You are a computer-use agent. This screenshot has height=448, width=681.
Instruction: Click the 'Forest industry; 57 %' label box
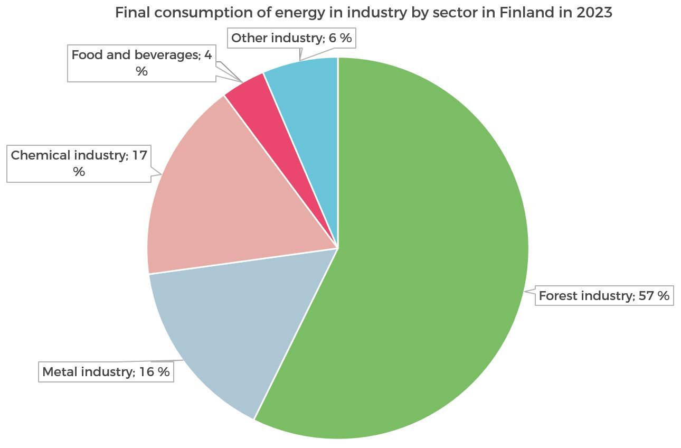(x=604, y=296)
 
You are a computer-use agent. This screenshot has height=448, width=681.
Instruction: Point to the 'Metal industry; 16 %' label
(x=106, y=372)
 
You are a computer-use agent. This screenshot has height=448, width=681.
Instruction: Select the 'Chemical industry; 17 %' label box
(x=79, y=163)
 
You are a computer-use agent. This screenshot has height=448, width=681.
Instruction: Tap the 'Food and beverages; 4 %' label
(x=141, y=63)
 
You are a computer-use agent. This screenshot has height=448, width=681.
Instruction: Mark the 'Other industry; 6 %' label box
(x=291, y=38)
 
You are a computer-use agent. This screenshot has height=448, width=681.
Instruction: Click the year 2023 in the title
(x=595, y=13)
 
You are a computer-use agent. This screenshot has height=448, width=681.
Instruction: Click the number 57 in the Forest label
(x=646, y=296)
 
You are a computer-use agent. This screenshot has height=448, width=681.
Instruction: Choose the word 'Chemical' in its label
(x=40, y=155)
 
